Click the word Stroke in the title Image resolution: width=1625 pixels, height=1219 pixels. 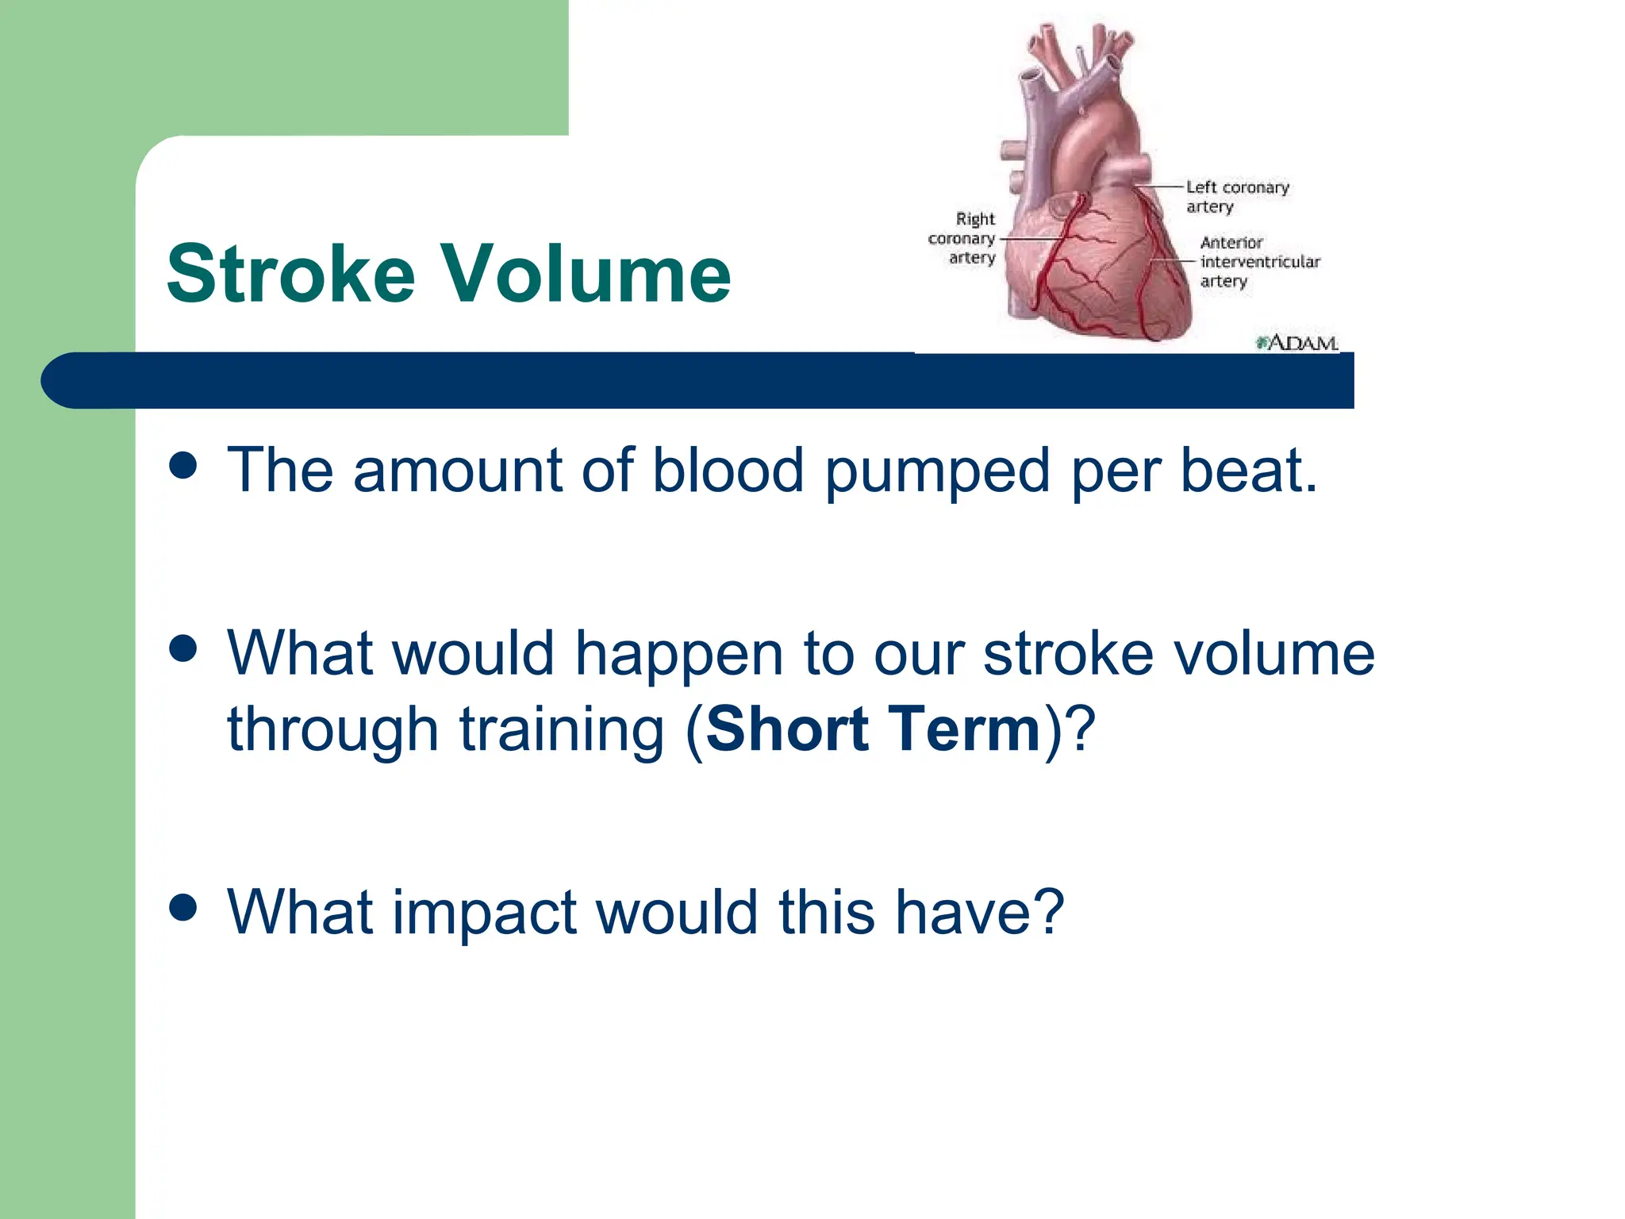290,275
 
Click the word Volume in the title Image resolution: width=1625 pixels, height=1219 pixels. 585,275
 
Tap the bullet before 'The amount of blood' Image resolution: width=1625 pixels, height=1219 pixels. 183,466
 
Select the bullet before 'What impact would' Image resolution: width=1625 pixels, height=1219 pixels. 183,907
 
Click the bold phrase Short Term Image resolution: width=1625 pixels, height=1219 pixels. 873,729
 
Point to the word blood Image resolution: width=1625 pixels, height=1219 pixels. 728,471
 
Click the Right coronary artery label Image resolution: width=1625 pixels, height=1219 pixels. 962,238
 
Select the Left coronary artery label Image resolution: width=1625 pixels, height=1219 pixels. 1236,197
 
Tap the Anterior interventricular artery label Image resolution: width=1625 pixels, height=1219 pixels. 1258,262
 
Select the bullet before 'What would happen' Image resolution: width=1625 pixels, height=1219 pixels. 183,648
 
